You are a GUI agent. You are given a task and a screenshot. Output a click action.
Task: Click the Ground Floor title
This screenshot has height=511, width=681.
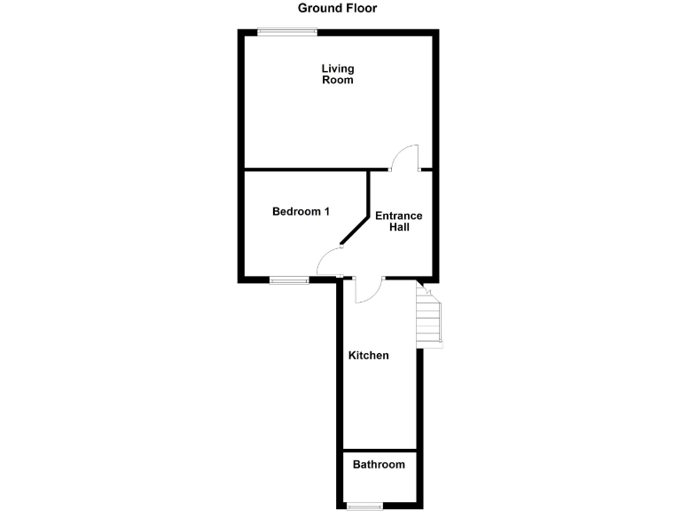(x=337, y=8)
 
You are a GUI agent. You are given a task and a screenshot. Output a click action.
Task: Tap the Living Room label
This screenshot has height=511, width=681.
(x=337, y=74)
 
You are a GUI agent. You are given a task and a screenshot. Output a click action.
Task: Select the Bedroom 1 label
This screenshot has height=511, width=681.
(x=301, y=211)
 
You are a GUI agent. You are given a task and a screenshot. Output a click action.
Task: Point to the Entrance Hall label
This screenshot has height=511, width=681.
(x=398, y=221)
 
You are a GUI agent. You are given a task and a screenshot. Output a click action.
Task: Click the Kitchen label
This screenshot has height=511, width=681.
(x=368, y=355)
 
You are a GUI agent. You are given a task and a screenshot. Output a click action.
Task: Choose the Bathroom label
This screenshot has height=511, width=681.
(x=379, y=464)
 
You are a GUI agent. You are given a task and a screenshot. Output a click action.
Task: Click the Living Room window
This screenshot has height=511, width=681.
(x=286, y=33)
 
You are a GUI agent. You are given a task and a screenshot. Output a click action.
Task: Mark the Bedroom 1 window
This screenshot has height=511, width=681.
(x=289, y=280)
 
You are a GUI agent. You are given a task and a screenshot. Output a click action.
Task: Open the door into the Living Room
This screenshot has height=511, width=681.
(x=405, y=157)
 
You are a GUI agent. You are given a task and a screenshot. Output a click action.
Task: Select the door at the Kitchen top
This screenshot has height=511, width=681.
(x=367, y=290)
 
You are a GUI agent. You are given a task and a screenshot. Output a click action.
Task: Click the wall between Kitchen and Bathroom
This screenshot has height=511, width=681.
(x=379, y=450)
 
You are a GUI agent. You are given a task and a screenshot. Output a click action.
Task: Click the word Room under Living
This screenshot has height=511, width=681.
(x=337, y=80)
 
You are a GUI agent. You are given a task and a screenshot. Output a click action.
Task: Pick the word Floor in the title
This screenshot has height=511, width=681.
(x=359, y=8)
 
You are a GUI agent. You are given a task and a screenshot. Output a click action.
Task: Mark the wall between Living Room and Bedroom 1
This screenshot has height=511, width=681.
(x=306, y=169)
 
